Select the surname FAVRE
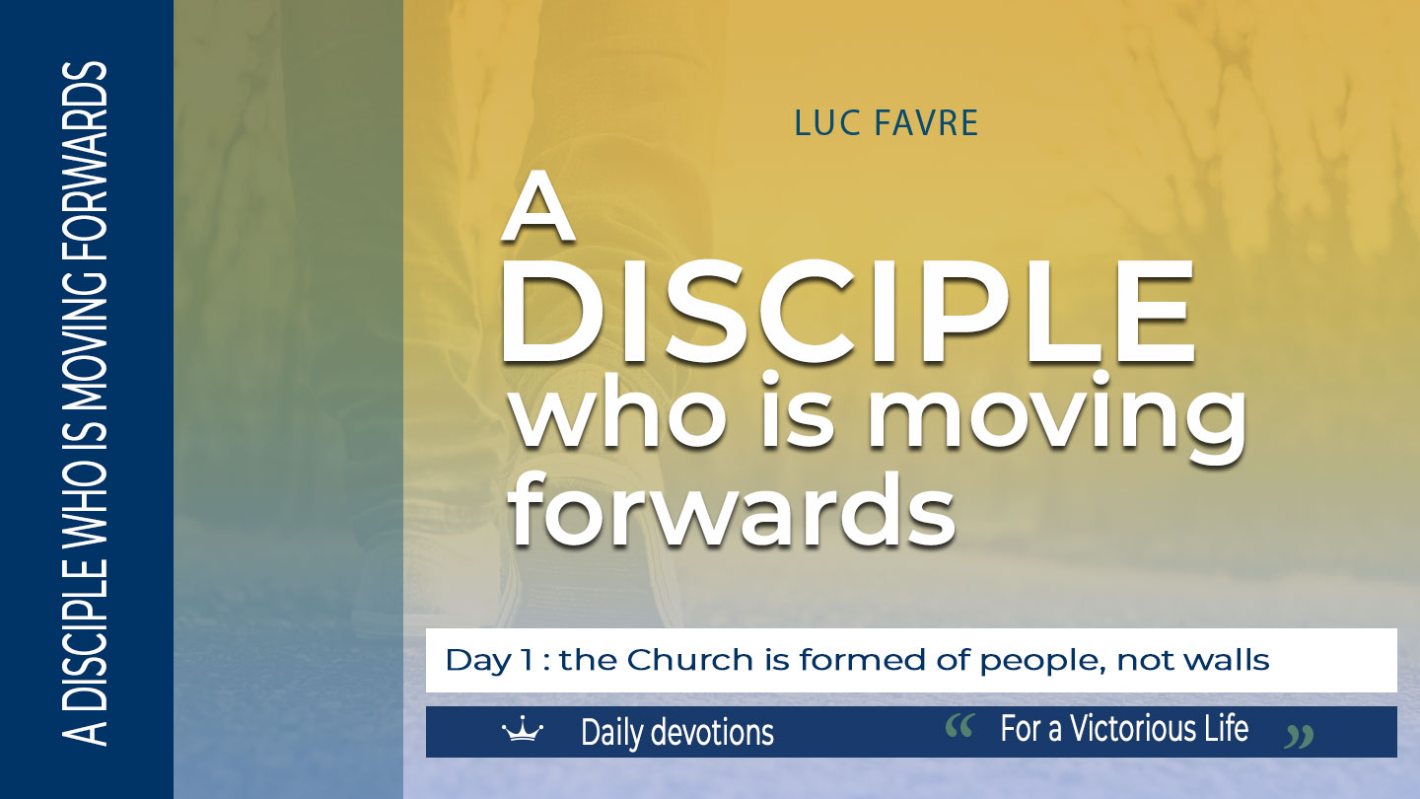926,123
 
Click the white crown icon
523,729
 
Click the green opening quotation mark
959,726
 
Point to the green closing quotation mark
1299,736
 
